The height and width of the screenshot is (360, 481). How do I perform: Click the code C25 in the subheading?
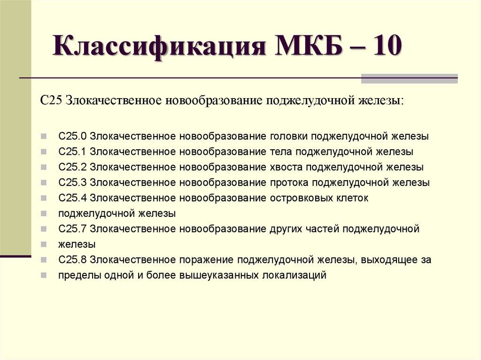pyautogui.click(x=52, y=100)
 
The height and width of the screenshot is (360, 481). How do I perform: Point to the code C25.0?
pyautogui.click(x=73, y=136)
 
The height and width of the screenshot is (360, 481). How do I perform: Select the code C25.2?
pyautogui.click(x=73, y=167)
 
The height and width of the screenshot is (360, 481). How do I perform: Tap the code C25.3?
pyautogui.click(x=73, y=183)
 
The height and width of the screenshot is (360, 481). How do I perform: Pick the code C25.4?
pyautogui.click(x=73, y=198)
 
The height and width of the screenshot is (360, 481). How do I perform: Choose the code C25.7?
pyautogui.click(x=73, y=229)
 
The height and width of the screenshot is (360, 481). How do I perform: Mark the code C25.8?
pyautogui.click(x=73, y=260)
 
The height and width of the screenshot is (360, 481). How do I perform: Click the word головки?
pyautogui.click(x=289, y=137)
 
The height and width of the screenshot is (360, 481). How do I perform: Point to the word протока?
pyautogui.click(x=289, y=183)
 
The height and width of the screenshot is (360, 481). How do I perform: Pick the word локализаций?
pyautogui.click(x=294, y=276)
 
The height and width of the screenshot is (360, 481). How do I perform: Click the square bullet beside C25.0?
pyautogui.click(x=44, y=136)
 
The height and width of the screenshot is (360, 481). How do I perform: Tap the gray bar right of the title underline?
pyautogui.click(x=409, y=79)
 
